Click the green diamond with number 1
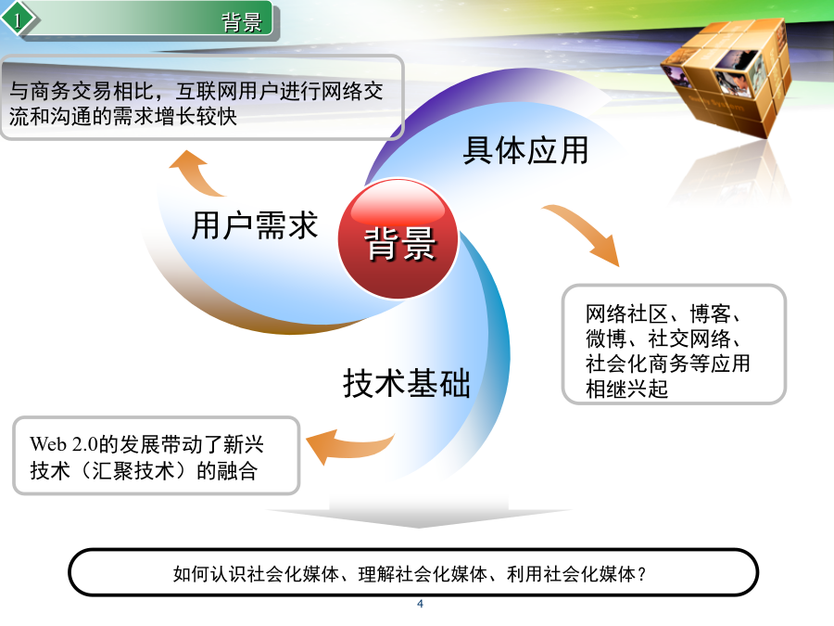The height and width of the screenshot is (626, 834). tap(19, 20)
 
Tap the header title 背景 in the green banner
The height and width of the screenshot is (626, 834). tap(242, 22)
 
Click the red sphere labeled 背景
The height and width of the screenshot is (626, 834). tap(398, 238)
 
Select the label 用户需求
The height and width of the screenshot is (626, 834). tap(254, 225)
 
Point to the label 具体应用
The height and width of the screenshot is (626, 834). tap(525, 150)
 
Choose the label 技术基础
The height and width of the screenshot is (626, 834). tap(407, 383)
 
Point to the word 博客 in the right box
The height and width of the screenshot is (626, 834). tap(710, 313)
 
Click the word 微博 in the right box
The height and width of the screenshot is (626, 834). tap(605, 339)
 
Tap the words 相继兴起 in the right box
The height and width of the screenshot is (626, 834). tap(626, 389)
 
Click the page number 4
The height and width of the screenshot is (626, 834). tap(420, 604)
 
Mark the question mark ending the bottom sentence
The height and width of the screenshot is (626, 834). tap(641, 574)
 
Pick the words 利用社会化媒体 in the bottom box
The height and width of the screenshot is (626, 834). tap(571, 574)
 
